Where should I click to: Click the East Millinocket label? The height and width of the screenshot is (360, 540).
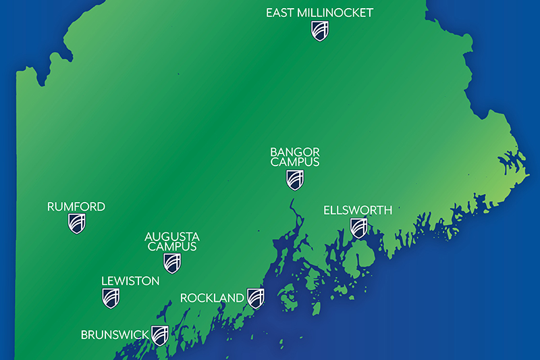(x=319, y=13)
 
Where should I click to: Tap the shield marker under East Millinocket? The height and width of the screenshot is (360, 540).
(x=320, y=30)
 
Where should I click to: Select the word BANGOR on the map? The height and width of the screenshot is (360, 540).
(x=294, y=152)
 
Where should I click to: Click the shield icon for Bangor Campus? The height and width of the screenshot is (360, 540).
(x=294, y=179)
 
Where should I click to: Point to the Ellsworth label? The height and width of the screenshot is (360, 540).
(x=358, y=210)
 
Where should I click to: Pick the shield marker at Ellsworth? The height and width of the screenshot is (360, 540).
(x=358, y=228)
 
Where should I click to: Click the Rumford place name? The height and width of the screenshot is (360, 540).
(x=76, y=207)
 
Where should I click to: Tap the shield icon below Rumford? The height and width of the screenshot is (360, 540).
(x=77, y=224)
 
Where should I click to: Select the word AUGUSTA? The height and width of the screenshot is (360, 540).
(x=172, y=236)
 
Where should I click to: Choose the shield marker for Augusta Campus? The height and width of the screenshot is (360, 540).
(x=172, y=263)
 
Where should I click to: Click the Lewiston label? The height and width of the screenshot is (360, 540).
(x=130, y=280)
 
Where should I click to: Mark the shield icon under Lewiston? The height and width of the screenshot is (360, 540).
(x=111, y=297)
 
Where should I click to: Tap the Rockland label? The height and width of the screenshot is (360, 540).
(x=212, y=298)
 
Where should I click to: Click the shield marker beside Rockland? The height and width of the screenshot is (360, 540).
(x=255, y=297)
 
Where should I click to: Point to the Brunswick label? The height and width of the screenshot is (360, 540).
(x=115, y=334)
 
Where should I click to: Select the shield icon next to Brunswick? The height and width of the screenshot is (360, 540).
(x=159, y=335)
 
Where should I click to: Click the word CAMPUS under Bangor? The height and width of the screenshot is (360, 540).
(x=294, y=162)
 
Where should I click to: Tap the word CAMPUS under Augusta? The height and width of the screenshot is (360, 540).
(x=172, y=247)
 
